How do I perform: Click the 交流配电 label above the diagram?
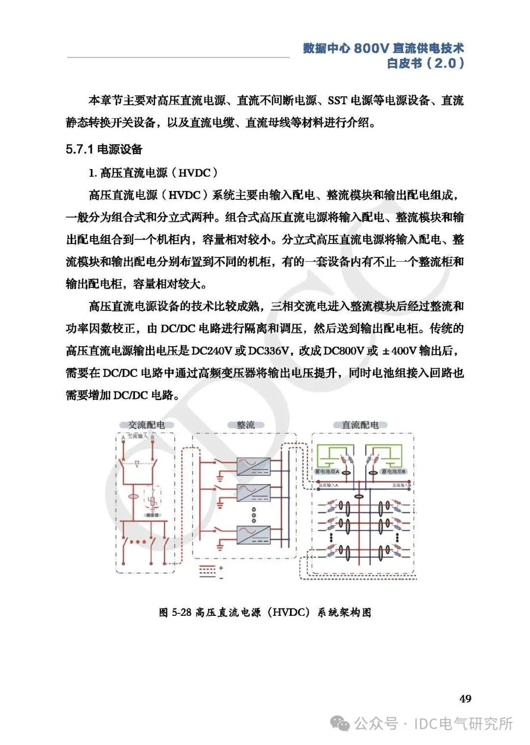[146, 425]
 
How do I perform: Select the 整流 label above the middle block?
[245, 425]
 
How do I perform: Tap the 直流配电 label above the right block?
[360, 425]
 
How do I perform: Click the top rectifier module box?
[253, 466]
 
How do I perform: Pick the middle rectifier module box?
[253, 492]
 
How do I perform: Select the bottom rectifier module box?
[253, 534]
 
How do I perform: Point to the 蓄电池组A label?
[327, 471]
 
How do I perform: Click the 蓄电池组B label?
[393, 471]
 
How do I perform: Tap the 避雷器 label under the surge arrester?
[152, 515]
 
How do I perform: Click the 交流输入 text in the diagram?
[137, 436]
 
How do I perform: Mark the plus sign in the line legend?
[221, 568]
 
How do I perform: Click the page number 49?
[465, 698]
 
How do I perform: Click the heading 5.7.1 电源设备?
[104, 149]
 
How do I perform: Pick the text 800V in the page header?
[371, 48]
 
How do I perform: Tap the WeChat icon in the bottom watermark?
[340, 723]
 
